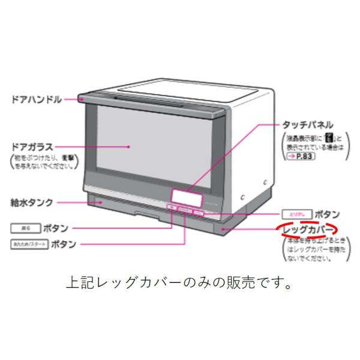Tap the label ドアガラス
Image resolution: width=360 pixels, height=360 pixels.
[32, 146]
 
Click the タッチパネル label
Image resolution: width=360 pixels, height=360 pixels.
[307, 125]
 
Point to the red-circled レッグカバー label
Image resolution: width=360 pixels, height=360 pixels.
[307, 230]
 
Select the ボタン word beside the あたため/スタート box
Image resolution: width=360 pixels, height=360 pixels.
[65, 244]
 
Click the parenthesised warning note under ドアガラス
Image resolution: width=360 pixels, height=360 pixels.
[38, 162]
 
